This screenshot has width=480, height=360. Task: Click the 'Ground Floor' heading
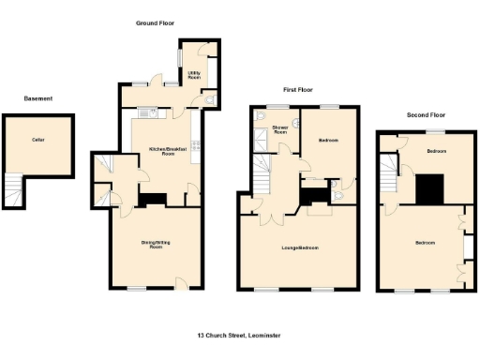pos(155,22)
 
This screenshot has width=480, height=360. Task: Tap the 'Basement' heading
pos(38,98)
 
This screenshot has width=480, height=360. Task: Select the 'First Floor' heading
pos(297,89)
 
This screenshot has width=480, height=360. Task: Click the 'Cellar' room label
pos(38,140)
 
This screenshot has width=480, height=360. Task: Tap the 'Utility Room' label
pos(194,73)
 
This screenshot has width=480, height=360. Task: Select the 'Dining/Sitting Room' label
pos(157,245)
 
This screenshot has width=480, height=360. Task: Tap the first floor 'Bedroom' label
pos(327,141)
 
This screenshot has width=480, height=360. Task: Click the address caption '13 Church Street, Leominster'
pos(240,335)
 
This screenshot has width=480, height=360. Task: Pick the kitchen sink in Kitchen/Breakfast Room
pos(151,112)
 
